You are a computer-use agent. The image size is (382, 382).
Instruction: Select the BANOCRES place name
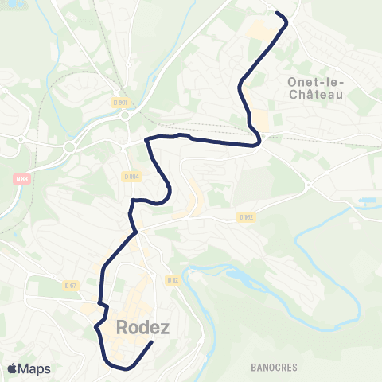coord(273,368)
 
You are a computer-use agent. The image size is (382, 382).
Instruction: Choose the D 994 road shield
coord(131,176)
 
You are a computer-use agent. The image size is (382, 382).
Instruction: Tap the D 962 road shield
coord(245,216)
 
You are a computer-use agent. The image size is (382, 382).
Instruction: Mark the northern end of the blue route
coord(276,13)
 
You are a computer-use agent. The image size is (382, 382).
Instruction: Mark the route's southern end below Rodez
coord(152,344)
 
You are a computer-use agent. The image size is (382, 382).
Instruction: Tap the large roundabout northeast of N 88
coord(69,147)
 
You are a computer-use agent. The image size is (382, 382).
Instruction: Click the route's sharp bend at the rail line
coord(259,143)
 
